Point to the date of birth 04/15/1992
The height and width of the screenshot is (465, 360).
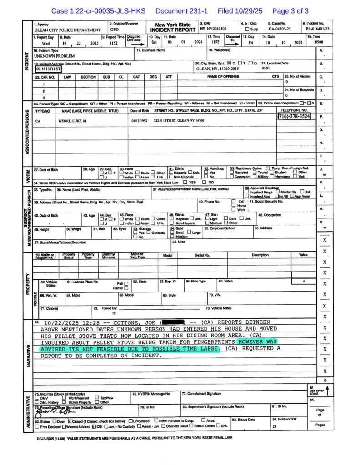(140, 121)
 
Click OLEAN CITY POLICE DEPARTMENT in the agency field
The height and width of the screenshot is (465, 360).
(67, 30)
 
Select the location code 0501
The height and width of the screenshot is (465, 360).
(266, 69)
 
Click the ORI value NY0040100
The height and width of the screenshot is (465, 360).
(214, 28)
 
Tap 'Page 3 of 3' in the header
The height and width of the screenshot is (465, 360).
(290, 10)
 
